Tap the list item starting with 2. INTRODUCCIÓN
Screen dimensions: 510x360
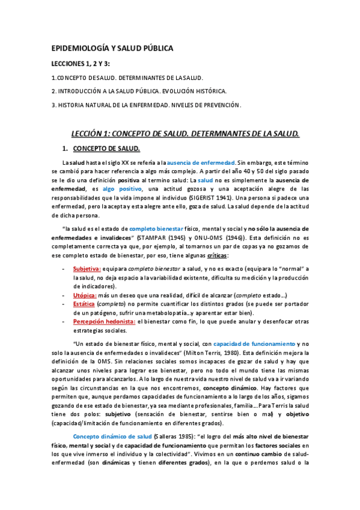pyautogui.click(x=139, y=91)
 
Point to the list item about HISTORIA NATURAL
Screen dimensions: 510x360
pyautogui.click(x=146, y=105)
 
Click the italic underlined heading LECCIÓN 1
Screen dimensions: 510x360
pyautogui.click(x=185, y=133)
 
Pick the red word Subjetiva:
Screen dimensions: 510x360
pyautogui.click(x=87, y=268)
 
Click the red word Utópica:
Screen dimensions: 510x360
pyautogui.click(x=85, y=295)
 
